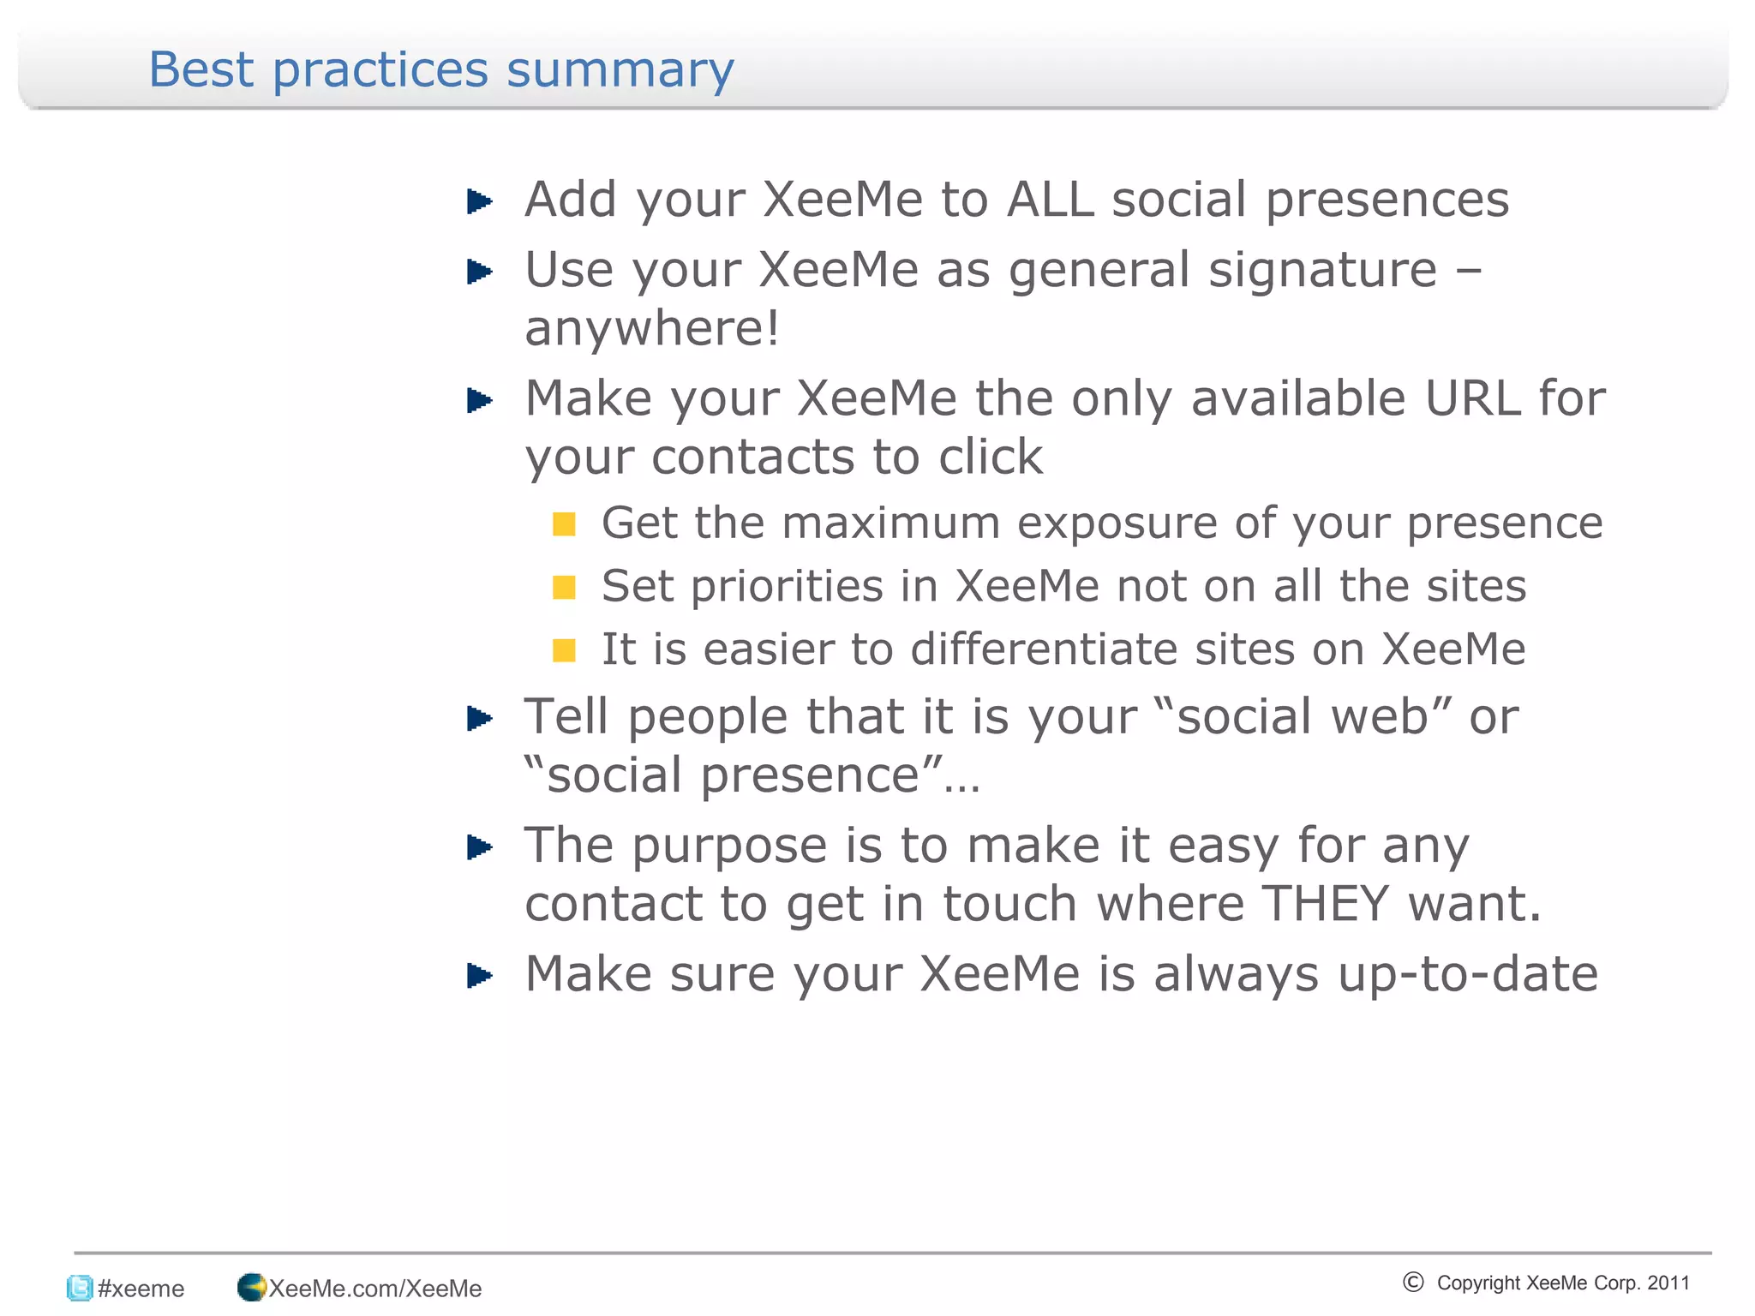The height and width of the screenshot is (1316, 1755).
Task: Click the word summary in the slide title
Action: pos(620,70)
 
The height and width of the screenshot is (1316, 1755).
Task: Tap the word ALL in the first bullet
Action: pos(1050,200)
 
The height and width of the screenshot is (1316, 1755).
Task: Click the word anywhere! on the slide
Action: pos(652,328)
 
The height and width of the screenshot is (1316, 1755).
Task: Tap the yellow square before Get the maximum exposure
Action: pos(564,523)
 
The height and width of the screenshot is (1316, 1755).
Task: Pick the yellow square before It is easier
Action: pos(564,650)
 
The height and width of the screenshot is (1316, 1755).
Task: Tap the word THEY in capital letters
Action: pos(1325,904)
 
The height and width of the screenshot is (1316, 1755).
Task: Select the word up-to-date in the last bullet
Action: pos(1467,974)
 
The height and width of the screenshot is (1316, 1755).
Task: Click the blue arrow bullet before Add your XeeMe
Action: pos(479,202)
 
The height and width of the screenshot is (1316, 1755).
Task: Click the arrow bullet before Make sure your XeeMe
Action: pos(479,976)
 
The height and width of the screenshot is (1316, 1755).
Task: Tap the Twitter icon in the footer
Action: pos(80,1288)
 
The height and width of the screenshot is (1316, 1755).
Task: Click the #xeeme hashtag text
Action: pos(141,1289)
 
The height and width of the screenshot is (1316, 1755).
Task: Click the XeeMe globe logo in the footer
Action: pos(251,1287)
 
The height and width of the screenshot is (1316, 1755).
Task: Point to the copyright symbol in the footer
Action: pos(1413,1282)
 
